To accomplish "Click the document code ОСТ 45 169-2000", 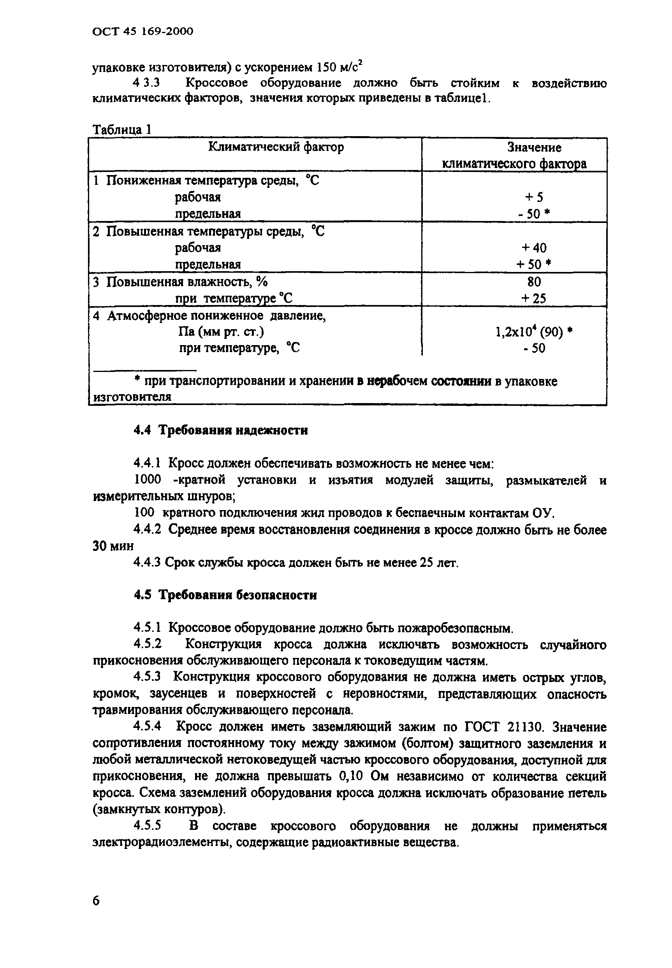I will click(143, 32).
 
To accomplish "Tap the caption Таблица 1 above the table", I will click(122, 129).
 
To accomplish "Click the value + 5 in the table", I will click(534, 197).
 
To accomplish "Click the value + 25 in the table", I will click(534, 298).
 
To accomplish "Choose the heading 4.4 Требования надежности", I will click(221, 430).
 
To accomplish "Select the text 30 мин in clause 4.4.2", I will click(113, 546).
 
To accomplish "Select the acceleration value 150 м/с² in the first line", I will click(340, 67).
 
